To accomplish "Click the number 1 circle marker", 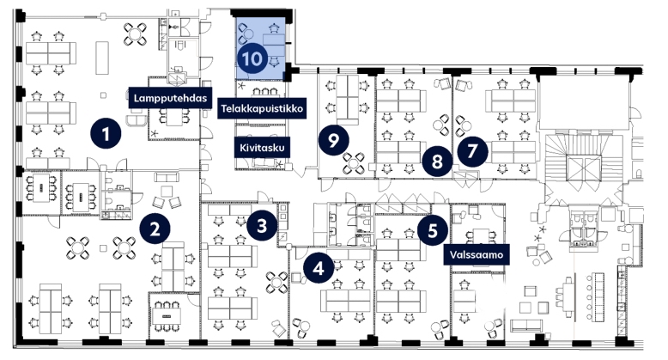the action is click(x=106, y=133).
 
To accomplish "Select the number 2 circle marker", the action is click(x=155, y=229).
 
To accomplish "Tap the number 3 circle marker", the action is click(x=262, y=226).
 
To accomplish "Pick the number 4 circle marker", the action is click(x=319, y=269).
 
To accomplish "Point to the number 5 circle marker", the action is click(x=433, y=231).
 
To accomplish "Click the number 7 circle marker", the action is click(x=472, y=150).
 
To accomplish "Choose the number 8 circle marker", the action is click(x=437, y=162).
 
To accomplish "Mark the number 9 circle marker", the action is click(x=334, y=139).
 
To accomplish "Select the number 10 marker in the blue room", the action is click(x=252, y=58).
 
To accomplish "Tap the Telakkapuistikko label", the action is click(x=262, y=108).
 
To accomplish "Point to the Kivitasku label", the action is click(x=262, y=148).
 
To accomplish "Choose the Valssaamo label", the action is click(x=477, y=254).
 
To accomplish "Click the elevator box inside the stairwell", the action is click(x=583, y=168).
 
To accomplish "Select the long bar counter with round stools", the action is click(x=595, y=296).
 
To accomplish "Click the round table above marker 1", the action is click(x=136, y=34).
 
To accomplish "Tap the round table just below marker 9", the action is click(x=354, y=163).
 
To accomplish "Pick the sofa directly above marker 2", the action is click(x=167, y=178).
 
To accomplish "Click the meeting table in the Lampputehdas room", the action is click(x=173, y=117).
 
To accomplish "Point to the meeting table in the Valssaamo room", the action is click(x=482, y=237).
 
